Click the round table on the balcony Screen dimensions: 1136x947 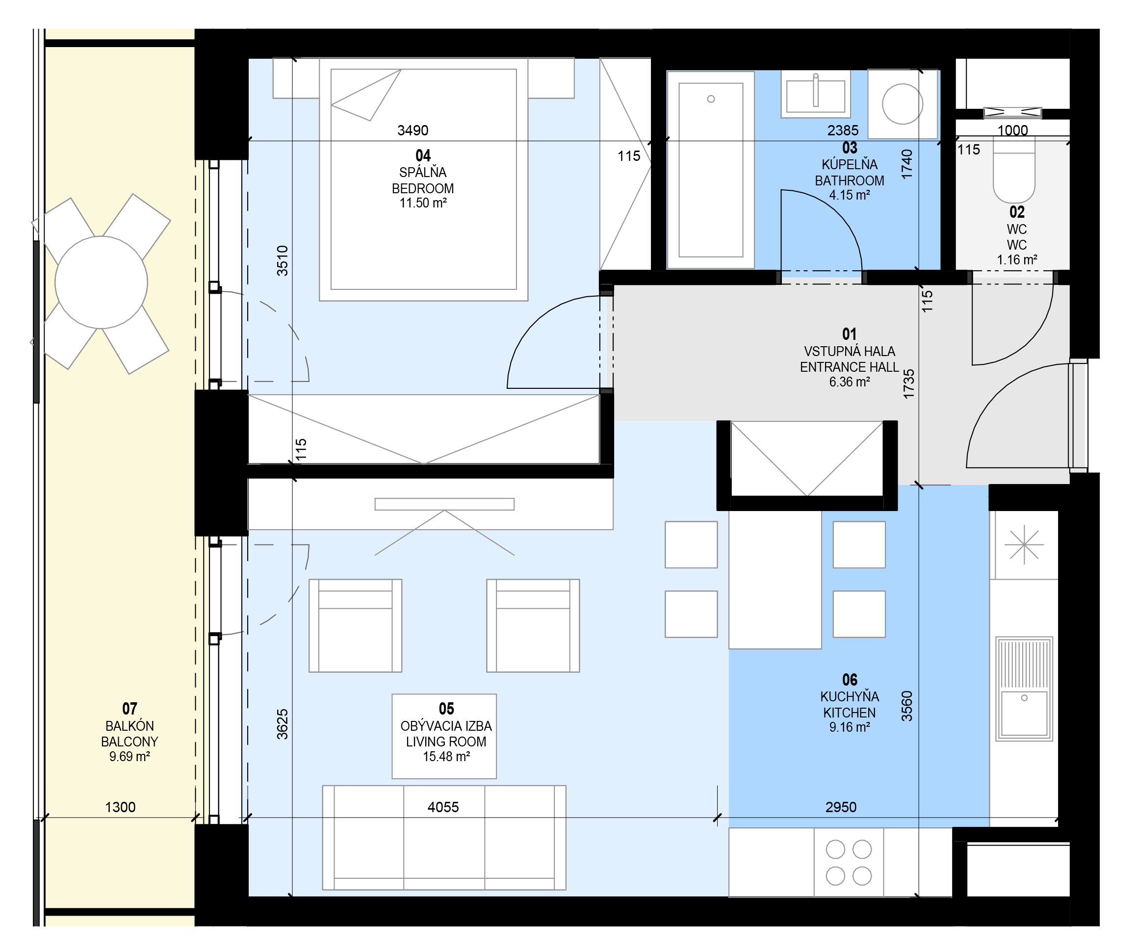[x=101, y=282]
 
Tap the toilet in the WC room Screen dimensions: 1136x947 [x=1014, y=169]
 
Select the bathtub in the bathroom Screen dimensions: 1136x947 [x=711, y=170]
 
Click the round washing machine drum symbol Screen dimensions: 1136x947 [x=903, y=104]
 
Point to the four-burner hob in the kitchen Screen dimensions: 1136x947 [x=849, y=863]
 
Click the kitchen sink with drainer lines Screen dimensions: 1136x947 [x=1024, y=689]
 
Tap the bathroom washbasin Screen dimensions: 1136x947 [x=816, y=95]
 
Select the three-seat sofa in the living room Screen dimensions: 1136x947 [x=444, y=838]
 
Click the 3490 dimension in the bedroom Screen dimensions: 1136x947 [x=413, y=130]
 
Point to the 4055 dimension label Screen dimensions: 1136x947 [x=443, y=807]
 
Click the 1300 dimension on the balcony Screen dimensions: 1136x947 [x=120, y=807]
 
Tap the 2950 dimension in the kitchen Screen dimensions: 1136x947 [x=841, y=807]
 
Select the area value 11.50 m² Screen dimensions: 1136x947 [x=423, y=203]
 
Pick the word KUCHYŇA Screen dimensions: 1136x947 [x=849, y=696]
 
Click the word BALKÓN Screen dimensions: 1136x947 [x=130, y=726]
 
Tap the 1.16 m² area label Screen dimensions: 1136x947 [x=1017, y=259]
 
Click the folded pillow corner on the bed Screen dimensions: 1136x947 [x=366, y=95]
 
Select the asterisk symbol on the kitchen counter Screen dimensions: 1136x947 [x=1024, y=545]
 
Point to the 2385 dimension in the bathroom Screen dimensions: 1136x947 [x=843, y=130]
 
